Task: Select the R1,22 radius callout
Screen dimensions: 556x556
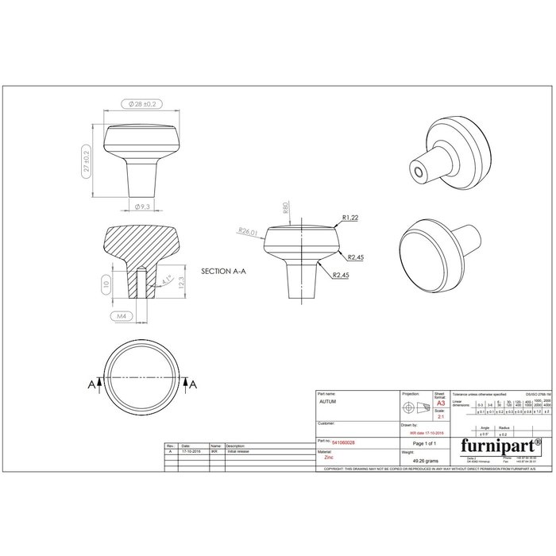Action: tap(350, 217)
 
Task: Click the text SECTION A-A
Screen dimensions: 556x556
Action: tap(225, 271)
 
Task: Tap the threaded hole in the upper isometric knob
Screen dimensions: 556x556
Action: tap(417, 170)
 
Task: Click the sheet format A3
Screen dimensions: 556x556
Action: tap(441, 403)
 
